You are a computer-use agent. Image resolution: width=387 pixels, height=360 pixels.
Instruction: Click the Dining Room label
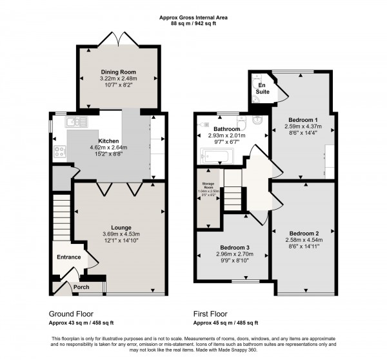pos(117,70)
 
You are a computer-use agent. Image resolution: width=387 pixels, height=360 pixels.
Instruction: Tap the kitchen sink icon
pos(77,121)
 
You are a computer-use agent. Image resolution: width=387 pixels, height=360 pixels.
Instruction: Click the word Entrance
pos(68,257)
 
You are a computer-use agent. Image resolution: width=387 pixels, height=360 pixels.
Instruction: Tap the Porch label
pos(81,287)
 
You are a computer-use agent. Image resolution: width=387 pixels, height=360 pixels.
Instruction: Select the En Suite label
pos(262,88)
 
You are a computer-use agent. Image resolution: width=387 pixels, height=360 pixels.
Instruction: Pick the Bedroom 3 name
pos(234,247)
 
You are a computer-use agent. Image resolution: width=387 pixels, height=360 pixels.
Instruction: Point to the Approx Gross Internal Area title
pos(193,17)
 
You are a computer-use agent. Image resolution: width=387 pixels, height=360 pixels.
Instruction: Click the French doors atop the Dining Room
pos(117,40)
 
